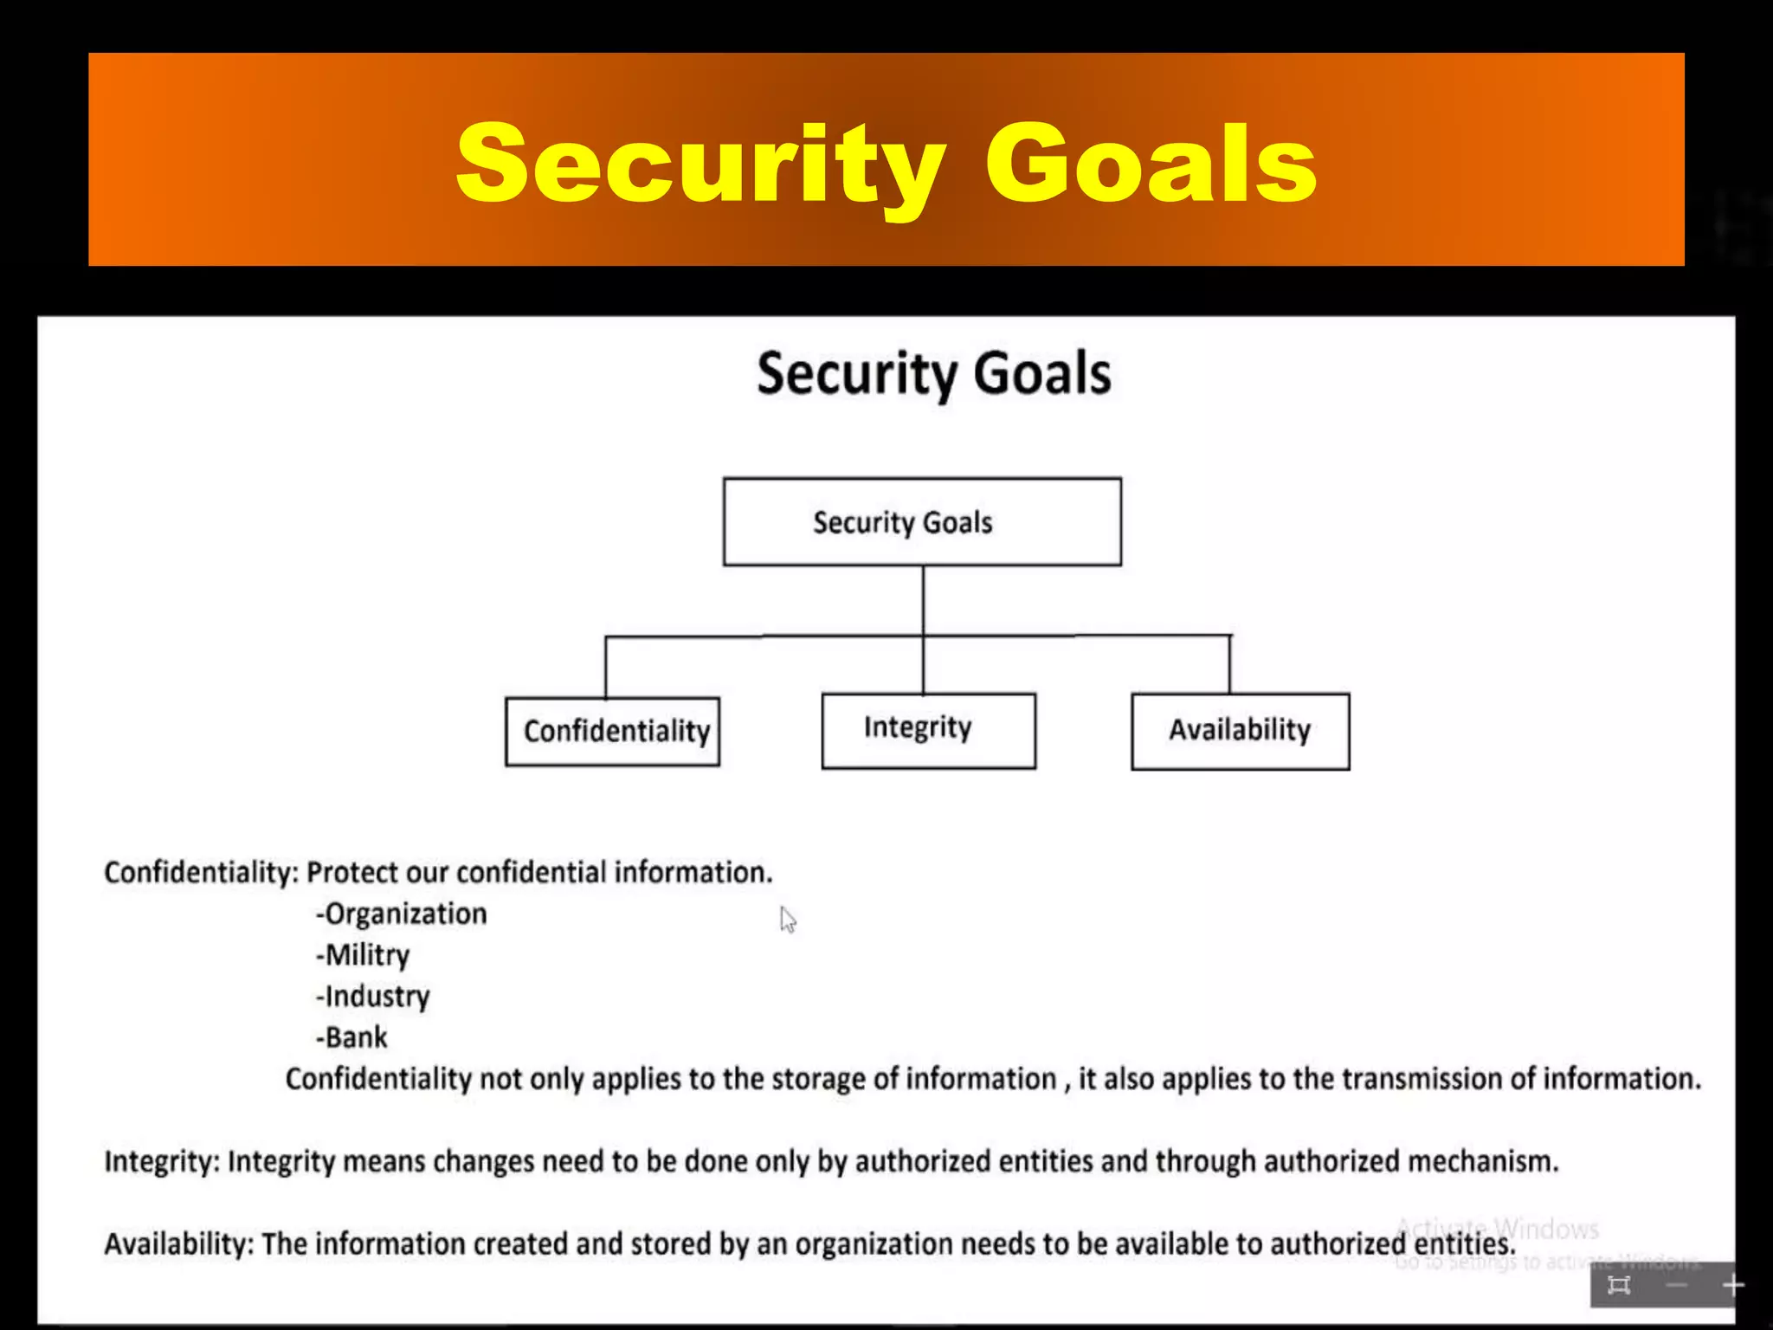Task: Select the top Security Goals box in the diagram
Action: click(922, 522)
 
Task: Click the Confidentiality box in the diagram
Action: click(613, 732)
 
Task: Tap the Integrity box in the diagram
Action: click(928, 730)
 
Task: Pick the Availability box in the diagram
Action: click(1240, 731)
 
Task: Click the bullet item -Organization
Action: click(402, 914)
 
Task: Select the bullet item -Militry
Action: click(363, 955)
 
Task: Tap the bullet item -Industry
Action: click(373, 997)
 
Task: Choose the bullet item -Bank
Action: click(351, 1037)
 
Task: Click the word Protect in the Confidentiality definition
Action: click(351, 873)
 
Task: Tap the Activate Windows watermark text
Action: click(1498, 1228)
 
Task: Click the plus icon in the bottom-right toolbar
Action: click(1732, 1285)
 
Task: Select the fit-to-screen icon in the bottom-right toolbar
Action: click(1618, 1285)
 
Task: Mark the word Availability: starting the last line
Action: click(178, 1244)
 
